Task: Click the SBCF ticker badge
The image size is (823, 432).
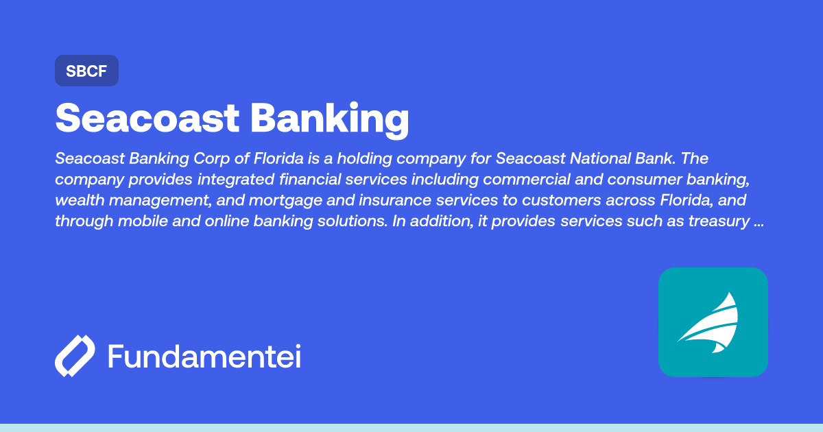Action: pyautogui.click(x=86, y=71)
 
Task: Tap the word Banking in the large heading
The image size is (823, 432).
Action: pyautogui.click(x=329, y=119)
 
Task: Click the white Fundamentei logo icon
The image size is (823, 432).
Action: pyautogui.click(x=75, y=357)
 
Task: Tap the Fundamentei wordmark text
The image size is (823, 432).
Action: pyautogui.click(x=204, y=357)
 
